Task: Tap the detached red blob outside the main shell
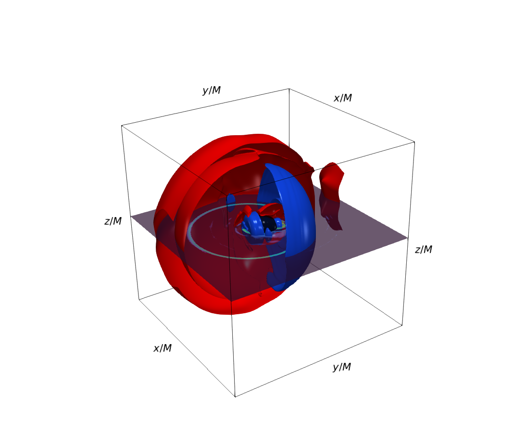[331, 195]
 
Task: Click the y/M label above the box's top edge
[212, 90]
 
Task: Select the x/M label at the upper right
[342, 98]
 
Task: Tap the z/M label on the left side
[113, 221]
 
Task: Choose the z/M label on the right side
[424, 250]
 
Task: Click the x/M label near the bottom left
[163, 348]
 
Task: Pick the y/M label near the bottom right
[342, 367]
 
